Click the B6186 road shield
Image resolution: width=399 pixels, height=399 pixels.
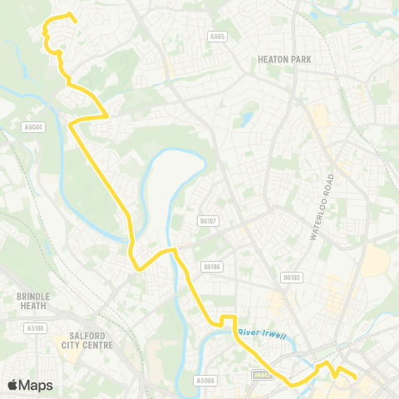click(x=213, y=267)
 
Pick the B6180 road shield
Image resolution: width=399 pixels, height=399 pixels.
click(x=290, y=278)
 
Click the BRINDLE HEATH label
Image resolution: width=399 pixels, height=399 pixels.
click(x=33, y=301)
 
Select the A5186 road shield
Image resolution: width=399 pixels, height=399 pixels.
click(x=35, y=328)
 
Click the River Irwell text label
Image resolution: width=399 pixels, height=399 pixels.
click(x=262, y=334)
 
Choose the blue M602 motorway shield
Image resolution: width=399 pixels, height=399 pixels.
click(x=262, y=375)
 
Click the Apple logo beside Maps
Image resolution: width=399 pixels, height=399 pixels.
click(x=13, y=385)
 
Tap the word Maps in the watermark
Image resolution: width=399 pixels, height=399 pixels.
click(x=37, y=385)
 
